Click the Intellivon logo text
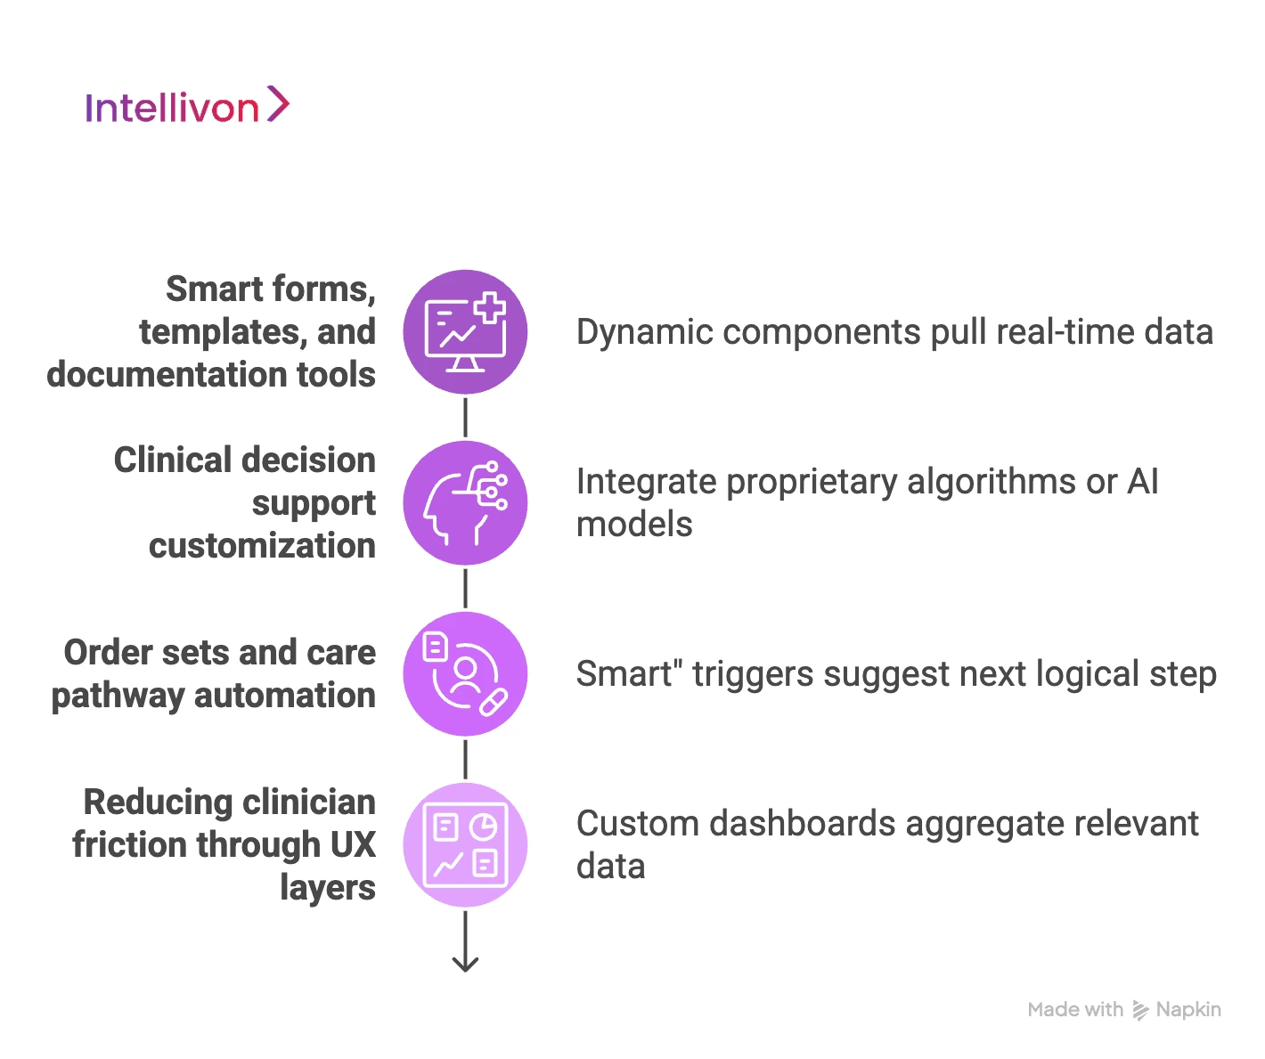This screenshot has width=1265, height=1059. point(172,108)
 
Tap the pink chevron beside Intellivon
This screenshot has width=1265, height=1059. point(278,104)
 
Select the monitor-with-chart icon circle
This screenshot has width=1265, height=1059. point(465,332)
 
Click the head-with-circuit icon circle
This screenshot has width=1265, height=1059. point(465,503)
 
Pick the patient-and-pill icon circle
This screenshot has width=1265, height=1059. point(465,674)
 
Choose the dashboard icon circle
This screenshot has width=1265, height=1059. point(465,845)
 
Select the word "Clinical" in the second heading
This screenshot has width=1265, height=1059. point(169,460)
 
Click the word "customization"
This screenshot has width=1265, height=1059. point(262,546)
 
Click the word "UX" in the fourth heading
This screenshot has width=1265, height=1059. point(353,845)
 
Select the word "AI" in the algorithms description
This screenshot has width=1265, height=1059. point(1143,482)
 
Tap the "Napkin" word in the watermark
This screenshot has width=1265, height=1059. point(1188,1010)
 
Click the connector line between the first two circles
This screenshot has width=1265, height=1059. point(465,418)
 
